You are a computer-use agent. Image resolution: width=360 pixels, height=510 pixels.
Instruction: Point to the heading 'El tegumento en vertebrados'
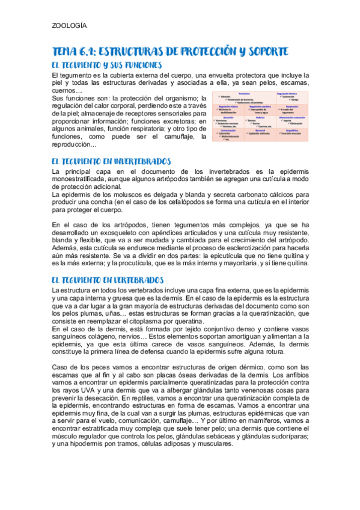click(x=108, y=280)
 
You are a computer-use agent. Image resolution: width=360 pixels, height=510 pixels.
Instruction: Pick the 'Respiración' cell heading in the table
click(x=292, y=105)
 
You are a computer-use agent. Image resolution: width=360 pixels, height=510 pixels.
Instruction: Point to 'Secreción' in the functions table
click(x=228, y=117)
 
